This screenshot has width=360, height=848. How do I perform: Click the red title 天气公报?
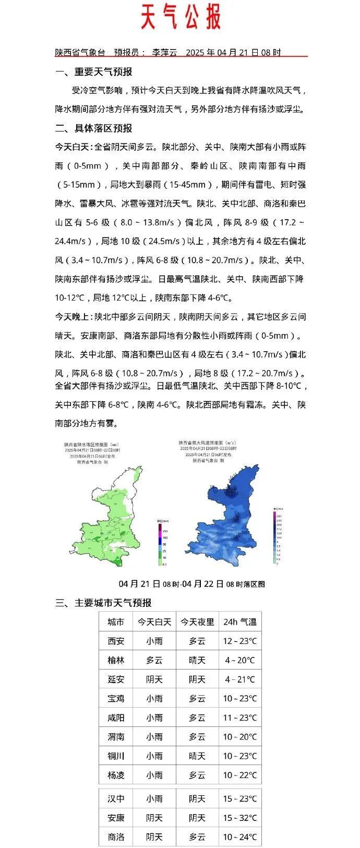tap(181, 17)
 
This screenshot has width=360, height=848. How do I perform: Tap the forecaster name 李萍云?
tap(164, 52)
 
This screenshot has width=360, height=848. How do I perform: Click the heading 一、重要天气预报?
tap(94, 71)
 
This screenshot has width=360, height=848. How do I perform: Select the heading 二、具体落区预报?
tap(94, 128)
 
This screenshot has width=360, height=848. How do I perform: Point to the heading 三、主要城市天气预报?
tap(103, 603)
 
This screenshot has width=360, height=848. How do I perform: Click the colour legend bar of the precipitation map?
tap(160, 544)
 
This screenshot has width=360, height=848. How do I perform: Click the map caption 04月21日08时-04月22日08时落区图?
tap(192, 584)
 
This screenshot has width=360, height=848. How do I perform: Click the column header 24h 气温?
tap(240, 622)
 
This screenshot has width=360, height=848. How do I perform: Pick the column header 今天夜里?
tap(197, 622)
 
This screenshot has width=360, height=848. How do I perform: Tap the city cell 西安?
tap(116, 641)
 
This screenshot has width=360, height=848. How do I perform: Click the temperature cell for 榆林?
tap(240, 660)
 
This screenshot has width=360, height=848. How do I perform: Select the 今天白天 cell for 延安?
tap(154, 679)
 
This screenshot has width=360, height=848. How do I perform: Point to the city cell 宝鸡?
tap(116, 698)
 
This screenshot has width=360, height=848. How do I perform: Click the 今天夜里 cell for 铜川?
tap(197, 756)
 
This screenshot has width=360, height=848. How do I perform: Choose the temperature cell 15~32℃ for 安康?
tap(240, 818)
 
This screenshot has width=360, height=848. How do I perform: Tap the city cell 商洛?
tap(116, 837)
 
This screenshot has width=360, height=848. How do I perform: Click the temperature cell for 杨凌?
tap(240, 775)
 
